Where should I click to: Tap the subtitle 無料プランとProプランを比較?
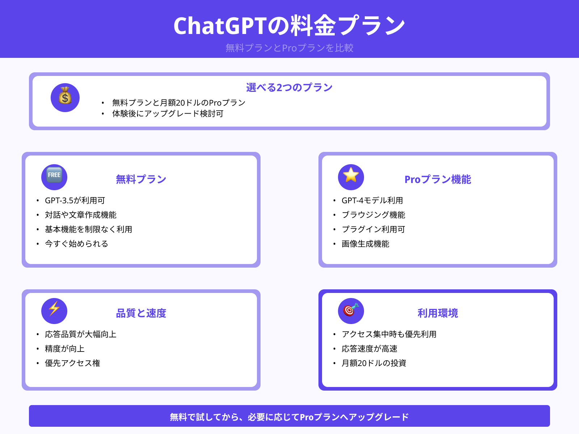(289, 48)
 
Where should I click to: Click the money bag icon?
(65, 97)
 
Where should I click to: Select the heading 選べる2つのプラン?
(289, 88)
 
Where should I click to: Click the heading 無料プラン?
(141, 179)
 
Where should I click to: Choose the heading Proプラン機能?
(438, 179)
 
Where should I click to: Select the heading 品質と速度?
(141, 313)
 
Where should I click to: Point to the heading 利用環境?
(438, 313)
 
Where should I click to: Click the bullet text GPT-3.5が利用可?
(75, 200)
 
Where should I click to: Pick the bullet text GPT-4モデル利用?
(372, 200)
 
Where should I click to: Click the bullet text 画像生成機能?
(365, 244)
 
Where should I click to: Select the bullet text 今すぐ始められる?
(76, 244)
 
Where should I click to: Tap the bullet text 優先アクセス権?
(72, 363)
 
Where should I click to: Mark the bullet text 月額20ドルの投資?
(374, 363)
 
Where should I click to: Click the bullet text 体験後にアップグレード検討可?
(168, 114)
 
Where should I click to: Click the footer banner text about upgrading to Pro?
(289, 417)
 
